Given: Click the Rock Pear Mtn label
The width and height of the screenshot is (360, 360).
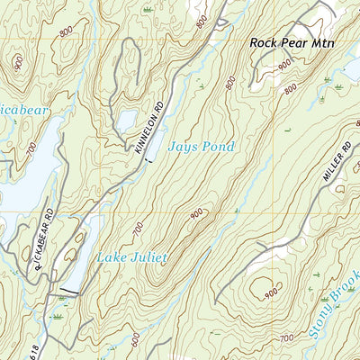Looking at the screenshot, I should pyautogui.click(x=292, y=42).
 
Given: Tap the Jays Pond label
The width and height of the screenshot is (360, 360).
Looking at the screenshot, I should pyautogui.click(x=202, y=147).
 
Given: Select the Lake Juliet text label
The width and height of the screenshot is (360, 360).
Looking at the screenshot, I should pyautogui.click(x=133, y=257).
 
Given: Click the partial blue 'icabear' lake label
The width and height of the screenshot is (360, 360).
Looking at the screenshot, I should pyautogui.click(x=22, y=110).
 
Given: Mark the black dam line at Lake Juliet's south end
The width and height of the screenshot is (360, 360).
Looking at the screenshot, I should pyautogui.click(x=70, y=290).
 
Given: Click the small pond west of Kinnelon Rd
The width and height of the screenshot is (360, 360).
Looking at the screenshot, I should pyautogui.click(x=127, y=119).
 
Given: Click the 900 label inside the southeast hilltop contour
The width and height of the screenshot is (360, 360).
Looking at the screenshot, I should pyautogui.click(x=269, y=292).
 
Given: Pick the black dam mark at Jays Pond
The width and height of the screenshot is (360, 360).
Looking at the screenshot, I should pyautogui.click(x=148, y=158).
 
